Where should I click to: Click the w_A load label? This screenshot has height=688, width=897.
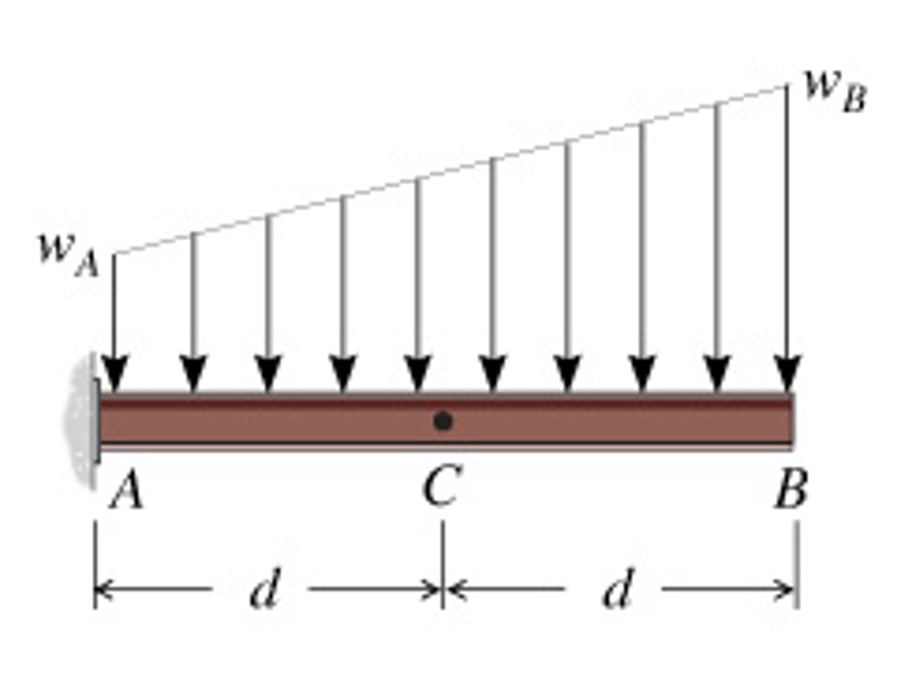point(68,255)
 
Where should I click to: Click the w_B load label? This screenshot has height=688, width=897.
point(835,91)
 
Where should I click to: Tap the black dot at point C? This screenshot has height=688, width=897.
point(442,422)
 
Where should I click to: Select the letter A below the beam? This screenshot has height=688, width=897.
point(126,492)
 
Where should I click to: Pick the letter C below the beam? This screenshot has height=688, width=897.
point(441,486)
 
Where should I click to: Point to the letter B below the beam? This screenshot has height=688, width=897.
point(791,490)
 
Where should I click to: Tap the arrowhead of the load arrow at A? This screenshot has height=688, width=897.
point(115,373)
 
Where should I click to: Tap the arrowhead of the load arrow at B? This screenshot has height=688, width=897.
point(788,373)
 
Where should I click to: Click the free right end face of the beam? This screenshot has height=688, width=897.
point(793,422)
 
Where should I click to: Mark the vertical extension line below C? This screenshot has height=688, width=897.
point(442,564)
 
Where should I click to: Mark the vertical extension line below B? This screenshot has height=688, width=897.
point(797,564)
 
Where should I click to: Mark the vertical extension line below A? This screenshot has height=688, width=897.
point(95,564)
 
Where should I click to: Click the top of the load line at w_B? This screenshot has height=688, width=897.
point(788,85)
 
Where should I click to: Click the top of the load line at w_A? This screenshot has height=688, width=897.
point(115,253)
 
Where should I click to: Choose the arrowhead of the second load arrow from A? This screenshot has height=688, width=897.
point(194,373)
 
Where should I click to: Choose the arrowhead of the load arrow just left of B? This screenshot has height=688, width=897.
point(717,373)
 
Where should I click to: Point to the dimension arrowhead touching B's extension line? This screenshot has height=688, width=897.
point(784,588)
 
